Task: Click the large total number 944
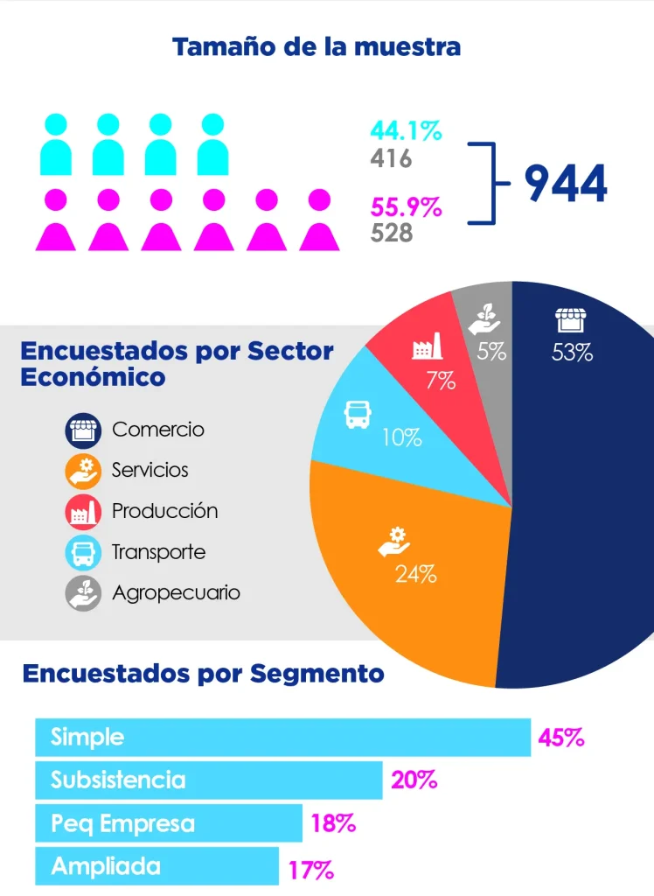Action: click(565, 184)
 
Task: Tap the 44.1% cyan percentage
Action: click(406, 131)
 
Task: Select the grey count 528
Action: click(391, 234)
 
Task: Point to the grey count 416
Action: click(391, 158)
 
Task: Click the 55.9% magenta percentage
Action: click(406, 208)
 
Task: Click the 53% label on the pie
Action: click(573, 353)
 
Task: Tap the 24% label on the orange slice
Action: click(415, 574)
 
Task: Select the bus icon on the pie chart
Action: click(358, 414)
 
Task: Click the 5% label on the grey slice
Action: click(491, 353)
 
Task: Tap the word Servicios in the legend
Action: click(150, 470)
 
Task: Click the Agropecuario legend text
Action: click(176, 592)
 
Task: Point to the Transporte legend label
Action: click(158, 552)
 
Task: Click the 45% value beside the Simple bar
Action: click(560, 738)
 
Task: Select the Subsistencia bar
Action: click(208, 780)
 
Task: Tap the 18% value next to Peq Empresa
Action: click(333, 823)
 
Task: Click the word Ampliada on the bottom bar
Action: click(106, 866)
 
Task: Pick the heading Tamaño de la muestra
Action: click(316, 46)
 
